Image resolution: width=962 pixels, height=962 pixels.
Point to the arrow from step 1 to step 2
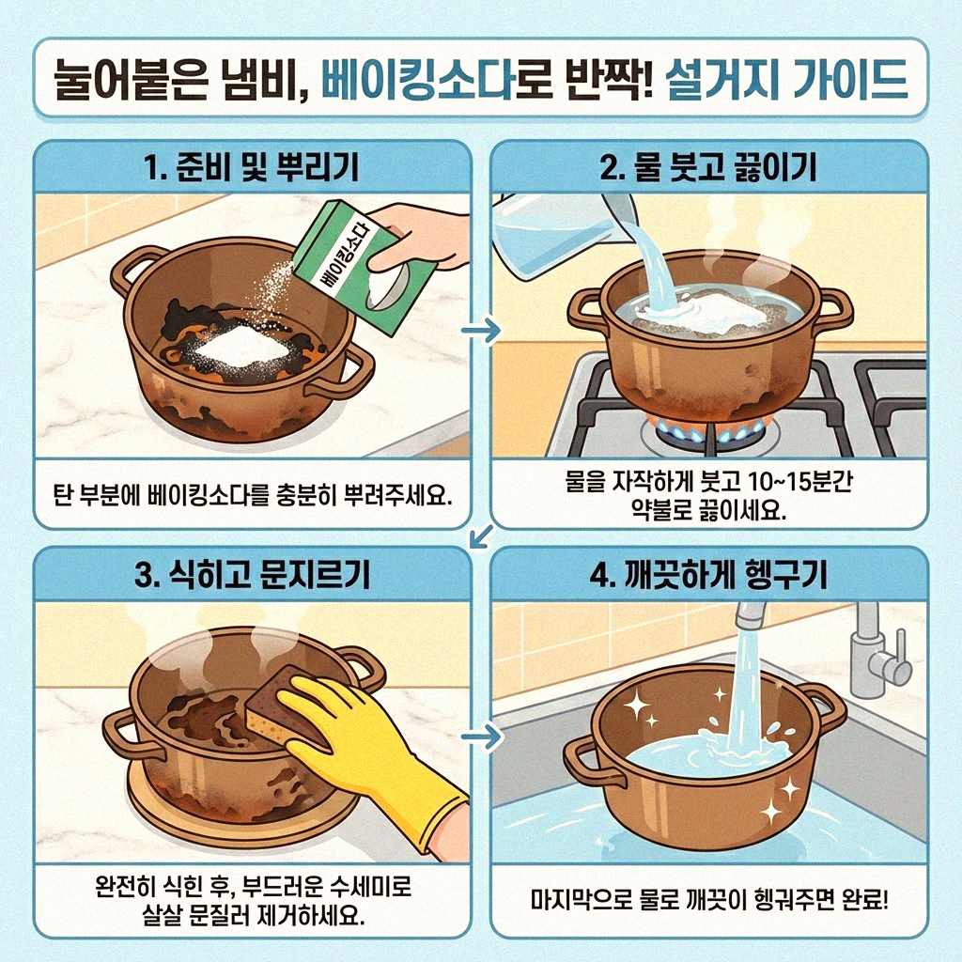[480, 331]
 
